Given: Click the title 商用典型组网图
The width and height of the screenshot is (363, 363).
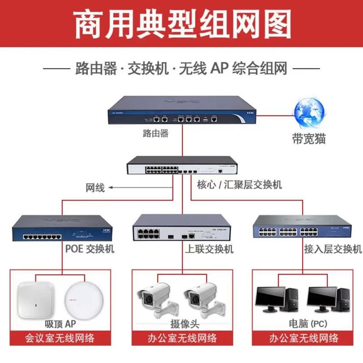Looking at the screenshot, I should (181, 24).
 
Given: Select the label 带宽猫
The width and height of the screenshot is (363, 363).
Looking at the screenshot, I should (309, 139).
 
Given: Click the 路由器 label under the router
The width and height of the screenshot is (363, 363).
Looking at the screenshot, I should (156, 133).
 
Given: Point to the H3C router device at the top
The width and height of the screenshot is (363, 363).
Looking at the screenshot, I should (181, 111).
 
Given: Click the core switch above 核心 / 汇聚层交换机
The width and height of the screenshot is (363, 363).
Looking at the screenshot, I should (181, 166).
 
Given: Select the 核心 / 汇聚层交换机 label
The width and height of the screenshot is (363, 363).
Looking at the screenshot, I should (240, 185).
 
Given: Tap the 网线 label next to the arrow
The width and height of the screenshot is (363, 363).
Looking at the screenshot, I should (95, 187).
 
